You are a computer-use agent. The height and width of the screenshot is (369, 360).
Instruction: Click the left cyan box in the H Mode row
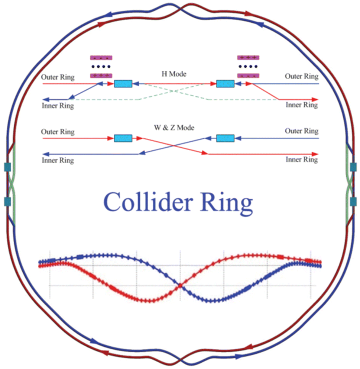[x=123, y=84]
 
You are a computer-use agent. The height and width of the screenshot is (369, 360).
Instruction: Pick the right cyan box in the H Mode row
[x=225, y=84]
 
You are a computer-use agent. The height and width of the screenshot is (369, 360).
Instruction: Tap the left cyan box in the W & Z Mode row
[x=123, y=138]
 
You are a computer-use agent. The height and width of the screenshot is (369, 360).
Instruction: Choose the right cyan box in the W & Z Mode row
[x=225, y=138]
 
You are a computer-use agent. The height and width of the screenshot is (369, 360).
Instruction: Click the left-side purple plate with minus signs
[x=101, y=58]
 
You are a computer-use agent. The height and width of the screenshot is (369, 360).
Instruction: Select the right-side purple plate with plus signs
[x=248, y=58]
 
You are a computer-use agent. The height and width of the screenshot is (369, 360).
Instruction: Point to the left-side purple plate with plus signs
[x=101, y=76]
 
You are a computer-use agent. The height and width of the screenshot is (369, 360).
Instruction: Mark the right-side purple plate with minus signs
[x=248, y=76]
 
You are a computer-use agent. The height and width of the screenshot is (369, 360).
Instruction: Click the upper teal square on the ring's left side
[x=7, y=167]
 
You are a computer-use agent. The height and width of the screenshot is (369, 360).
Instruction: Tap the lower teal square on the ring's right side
[x=353, y=202]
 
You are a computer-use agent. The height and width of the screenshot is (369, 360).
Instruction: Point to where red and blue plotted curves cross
[x=180, y=286]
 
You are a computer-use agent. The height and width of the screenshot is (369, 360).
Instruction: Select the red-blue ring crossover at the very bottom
[x=181, y=360]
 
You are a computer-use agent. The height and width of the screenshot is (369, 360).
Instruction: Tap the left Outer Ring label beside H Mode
[x=58, y=77]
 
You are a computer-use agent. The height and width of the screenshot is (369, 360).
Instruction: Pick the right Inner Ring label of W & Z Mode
[x=302, y=160]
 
